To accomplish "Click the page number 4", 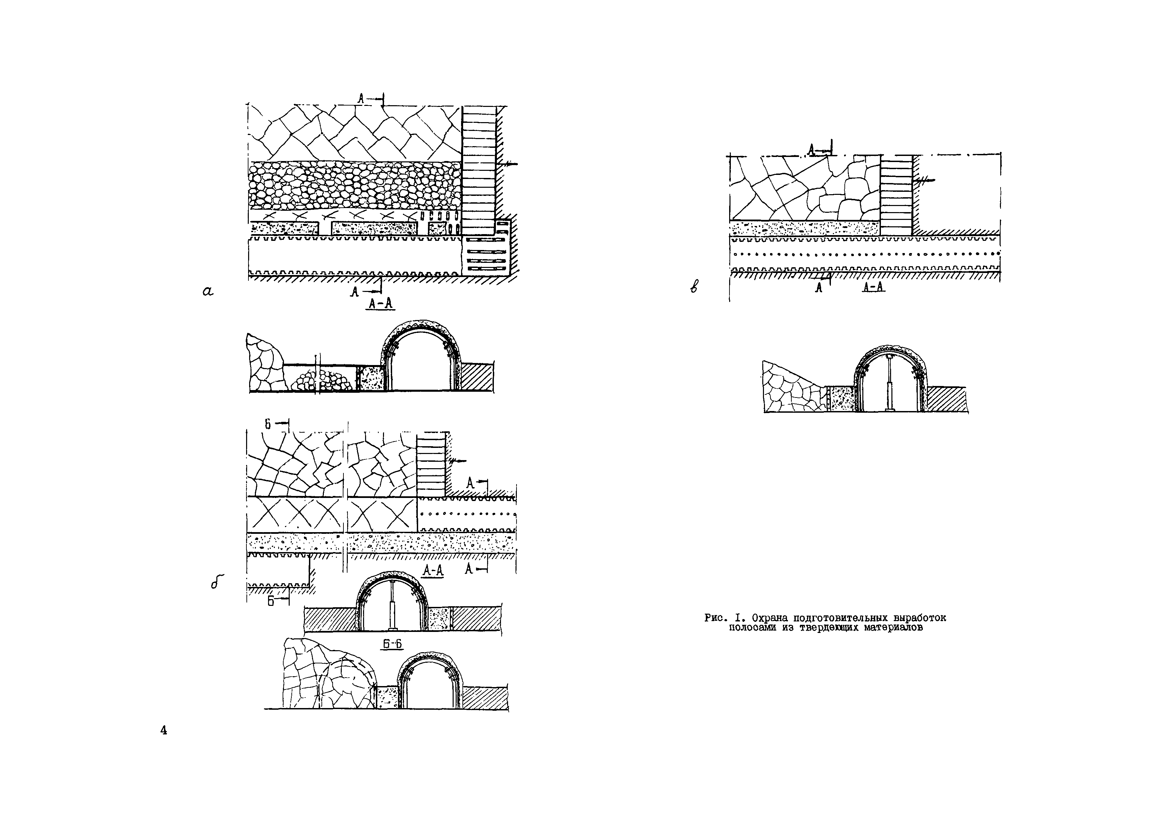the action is (164, 730).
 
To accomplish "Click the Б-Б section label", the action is (392, 644).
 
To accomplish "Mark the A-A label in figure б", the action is (433, 571).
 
